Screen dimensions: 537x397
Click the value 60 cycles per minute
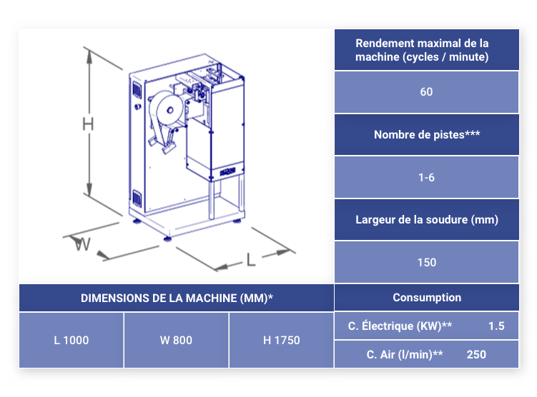click(x=426, y=91)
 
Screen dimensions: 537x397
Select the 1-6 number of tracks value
click(x=426, y=178)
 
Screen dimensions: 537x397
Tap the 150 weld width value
click(x=427, y=262)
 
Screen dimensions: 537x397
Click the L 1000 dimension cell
click(x=72, y=341)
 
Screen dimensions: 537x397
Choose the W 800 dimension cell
click(x=176, y=341)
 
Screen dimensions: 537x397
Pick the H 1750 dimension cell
click(x=282, y=341)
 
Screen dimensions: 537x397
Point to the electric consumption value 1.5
click(x=496, y=326)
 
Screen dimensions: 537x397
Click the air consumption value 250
click(x=476, y=355)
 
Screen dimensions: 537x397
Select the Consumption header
click(x=427, y=298)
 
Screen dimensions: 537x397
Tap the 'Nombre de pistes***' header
click(x=427, y=135)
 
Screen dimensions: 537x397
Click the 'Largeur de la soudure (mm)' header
click(x=427, y=219)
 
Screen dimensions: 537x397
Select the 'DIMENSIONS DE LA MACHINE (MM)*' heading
click(x=177, y=298)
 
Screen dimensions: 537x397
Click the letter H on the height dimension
click(x=88, y=124)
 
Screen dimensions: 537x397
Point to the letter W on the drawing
click(x=82, y=243)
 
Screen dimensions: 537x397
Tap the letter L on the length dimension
click(x=251, y=260)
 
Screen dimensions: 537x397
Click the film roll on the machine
click(x=167, y=112)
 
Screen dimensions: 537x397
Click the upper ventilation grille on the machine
click(x=137, y=89)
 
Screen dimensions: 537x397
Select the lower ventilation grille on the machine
click(x=137, y=198)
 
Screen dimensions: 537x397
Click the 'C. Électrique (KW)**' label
click(x=400, y=326)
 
